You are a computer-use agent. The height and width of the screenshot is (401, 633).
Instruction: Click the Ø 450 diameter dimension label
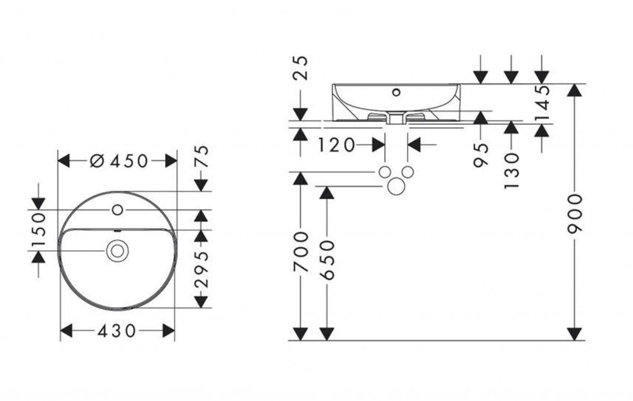pos(119,161)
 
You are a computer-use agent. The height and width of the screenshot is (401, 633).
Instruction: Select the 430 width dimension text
pos(117,331)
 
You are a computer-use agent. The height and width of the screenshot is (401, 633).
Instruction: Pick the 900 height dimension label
pos(575,212)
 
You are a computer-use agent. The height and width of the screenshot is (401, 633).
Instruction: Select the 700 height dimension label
pos(300,252)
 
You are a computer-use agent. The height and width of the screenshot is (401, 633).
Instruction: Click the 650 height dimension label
pos(327,260)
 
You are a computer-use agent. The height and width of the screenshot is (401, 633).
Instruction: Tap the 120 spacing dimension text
pos(337,145)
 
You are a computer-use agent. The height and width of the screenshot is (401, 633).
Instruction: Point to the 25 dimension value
pos(301,69)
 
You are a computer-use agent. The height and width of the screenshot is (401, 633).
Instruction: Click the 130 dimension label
pos(511,170)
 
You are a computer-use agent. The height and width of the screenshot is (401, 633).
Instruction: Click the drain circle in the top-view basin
pos(116,250)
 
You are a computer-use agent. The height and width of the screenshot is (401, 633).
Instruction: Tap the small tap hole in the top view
pos(117,210)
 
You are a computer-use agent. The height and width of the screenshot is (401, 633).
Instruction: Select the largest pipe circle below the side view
pos(396,185)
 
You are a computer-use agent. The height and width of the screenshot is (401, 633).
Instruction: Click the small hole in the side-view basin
pos(396,93)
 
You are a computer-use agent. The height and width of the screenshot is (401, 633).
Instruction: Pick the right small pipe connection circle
pos(407,171)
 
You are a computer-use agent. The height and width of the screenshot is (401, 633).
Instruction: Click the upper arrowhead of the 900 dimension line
pos(575,90)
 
